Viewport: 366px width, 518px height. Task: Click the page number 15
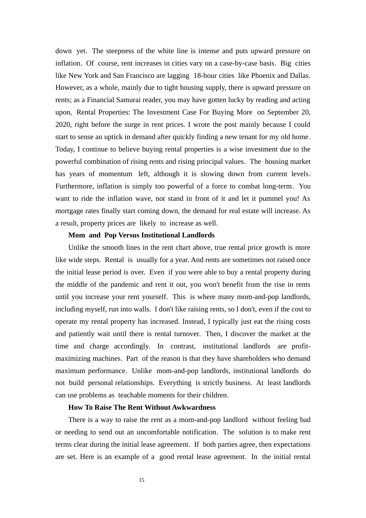(x=141, y=480)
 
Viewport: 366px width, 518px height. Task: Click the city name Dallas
(x=299, y=76)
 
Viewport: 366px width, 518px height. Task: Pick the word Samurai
(x=124, y=100)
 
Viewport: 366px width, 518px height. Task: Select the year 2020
(x=63, y=124)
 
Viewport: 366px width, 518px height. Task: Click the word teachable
(x=133, y=395)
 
